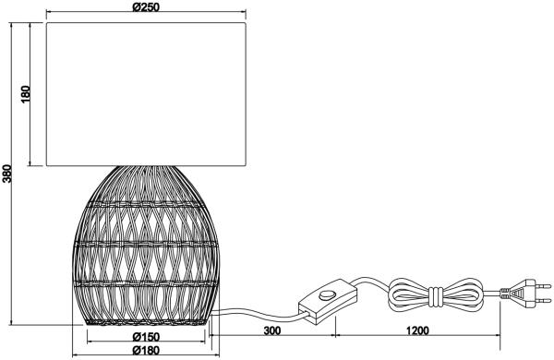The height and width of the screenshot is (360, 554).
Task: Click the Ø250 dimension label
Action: pos(146,6)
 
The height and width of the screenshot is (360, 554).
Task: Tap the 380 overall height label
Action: pos(7,174)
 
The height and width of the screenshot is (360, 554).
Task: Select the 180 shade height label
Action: pos(26,94)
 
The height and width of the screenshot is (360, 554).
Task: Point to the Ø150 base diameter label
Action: pos(146,337)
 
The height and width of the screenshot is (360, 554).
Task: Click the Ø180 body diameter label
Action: pos(146,350)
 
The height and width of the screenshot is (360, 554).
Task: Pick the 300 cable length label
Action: pos(272,330)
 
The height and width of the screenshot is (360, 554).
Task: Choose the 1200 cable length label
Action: pos(417,330)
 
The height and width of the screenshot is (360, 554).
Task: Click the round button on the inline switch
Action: pos(327,294)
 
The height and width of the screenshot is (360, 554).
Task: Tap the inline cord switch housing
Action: pos(328,301)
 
